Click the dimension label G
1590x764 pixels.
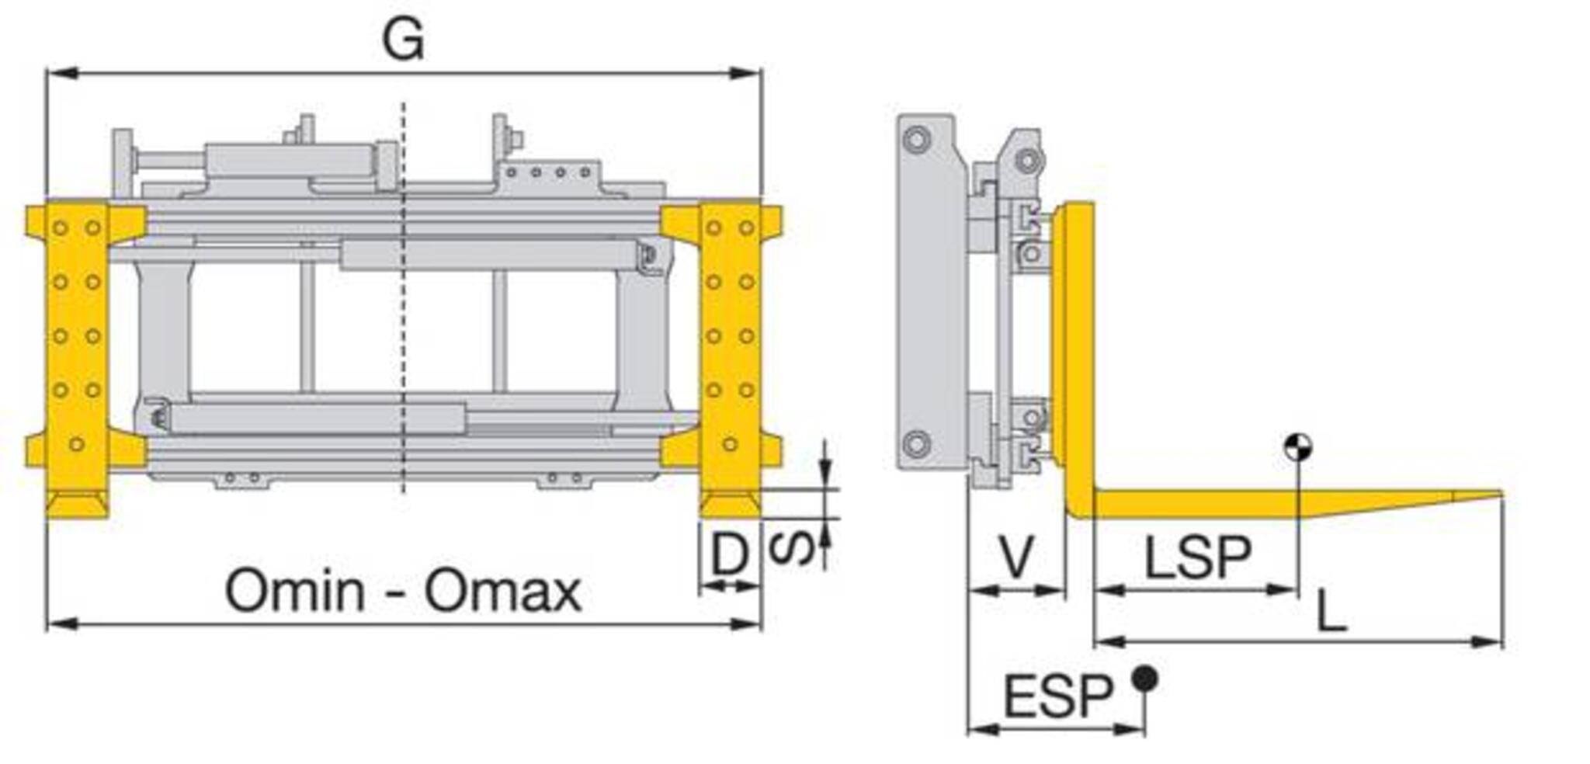coord(403,39)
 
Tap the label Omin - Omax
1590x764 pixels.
coord(403,591)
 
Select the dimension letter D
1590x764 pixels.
coord(730,553)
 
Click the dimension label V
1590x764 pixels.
coord(1016,557)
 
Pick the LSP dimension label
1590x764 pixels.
coord(1198,557)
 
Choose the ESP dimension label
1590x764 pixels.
coord(1058,696)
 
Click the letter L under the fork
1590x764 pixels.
coord(1331,610)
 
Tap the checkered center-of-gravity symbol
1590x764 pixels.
coord(1297,447)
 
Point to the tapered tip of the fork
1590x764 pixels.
coord(1500,494)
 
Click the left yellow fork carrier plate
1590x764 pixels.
coord(76,360)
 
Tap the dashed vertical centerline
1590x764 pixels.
coord(403,298)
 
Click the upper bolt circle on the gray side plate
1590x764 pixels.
coord(917,141)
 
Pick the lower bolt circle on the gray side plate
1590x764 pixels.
coord(916,444)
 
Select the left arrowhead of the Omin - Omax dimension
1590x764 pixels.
coord(62,623)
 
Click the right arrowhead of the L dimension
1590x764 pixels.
coord(1488,642)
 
